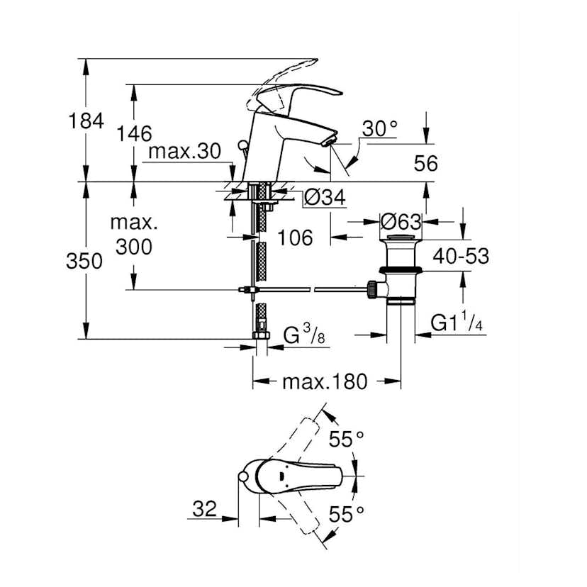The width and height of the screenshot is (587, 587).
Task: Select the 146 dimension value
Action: [135, 133]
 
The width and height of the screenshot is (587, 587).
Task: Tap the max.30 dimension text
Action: [185, 151]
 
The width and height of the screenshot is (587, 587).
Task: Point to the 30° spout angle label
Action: [380, 128]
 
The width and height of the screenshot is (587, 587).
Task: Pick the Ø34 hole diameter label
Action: [324, 199]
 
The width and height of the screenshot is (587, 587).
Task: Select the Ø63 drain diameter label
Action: [401, 221]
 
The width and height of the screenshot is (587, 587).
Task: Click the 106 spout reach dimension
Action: [294, 237]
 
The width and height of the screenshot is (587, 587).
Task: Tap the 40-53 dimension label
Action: [462, 256]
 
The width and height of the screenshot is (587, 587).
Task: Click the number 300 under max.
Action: [134, 247]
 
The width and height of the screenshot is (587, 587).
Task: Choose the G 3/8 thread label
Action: [306, 334]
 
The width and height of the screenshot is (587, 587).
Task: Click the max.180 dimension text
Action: [325, 382]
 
